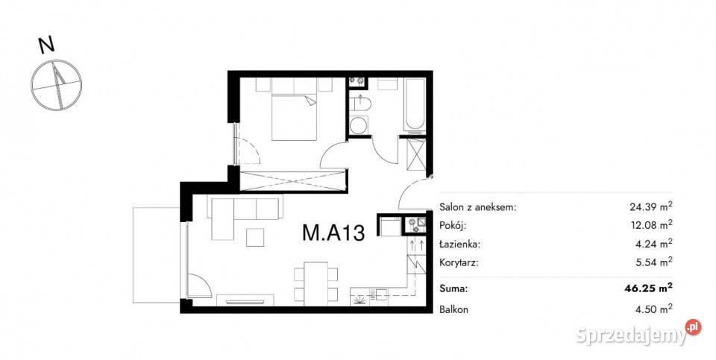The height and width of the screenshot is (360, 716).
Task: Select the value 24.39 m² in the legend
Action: (x=650, y=207)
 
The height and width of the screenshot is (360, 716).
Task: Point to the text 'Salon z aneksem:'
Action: (x=477, y=208)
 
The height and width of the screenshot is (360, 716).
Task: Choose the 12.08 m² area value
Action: (x=650, y=225)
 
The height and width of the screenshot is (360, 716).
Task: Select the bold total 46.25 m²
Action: (x=648, y=287)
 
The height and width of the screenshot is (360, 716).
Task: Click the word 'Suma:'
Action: (x=454, y=287)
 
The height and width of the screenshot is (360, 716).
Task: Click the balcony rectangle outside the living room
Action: (x=154, y=253)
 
